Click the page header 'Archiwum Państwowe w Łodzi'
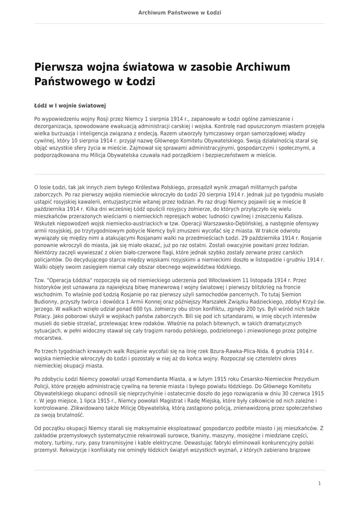[x=180, y=12]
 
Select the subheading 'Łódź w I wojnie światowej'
[x=70, y=106]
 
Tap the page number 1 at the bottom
[x=320, y=483]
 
